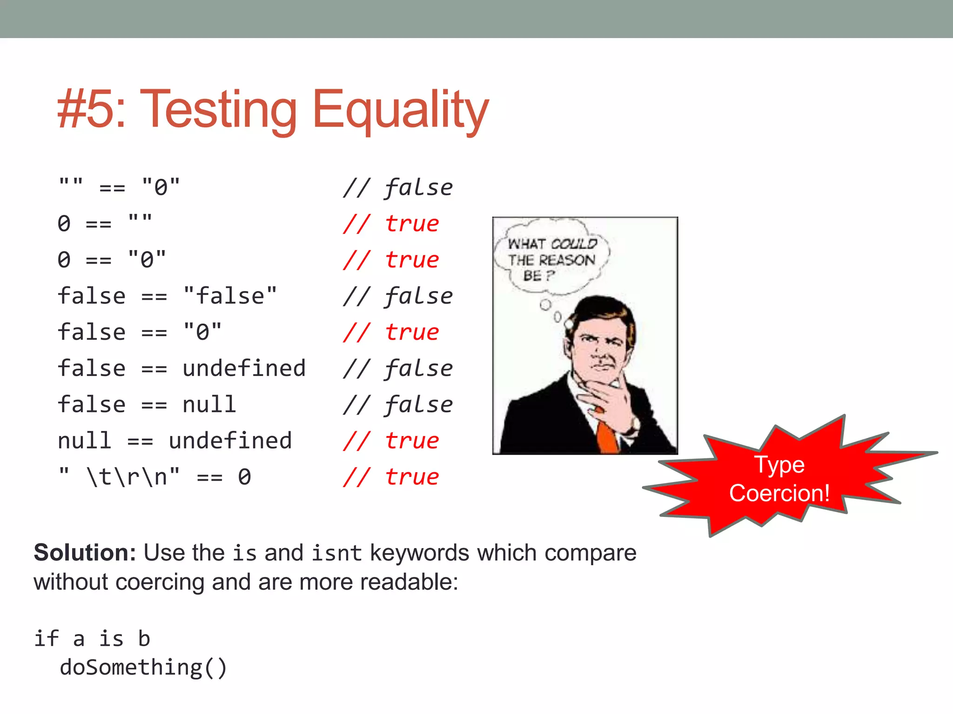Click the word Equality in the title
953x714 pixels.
click(x=400, y=110)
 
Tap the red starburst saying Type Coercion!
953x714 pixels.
click(x=779, y=479)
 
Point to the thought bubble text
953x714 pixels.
click(x=551, y=259)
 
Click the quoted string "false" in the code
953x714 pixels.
click(x=230, y=296)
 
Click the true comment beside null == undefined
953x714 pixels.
click(x=412, y=441)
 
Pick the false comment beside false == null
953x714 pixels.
click(x=418, y=404)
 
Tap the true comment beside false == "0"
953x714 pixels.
click(x=412, y=332)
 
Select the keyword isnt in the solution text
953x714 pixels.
click(x=336, y=553)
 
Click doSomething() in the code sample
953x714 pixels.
click(x=143, y=668)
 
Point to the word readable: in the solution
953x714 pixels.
click(x=409, y=582)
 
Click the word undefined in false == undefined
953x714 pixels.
click(x=244, y=369)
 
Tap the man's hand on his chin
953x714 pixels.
click(x=605, y=395)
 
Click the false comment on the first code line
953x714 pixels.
click(x=418, y=188)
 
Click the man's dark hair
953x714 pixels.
click(x=605, y=311)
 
